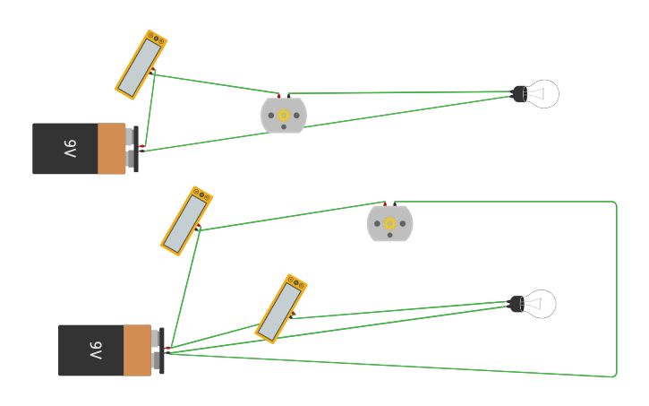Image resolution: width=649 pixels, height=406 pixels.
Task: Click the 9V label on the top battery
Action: click(x=70, y=149)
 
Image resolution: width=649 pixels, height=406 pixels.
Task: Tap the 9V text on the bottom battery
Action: click(x=96, y=350)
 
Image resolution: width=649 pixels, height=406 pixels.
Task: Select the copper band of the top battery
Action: click(x=111, y=149)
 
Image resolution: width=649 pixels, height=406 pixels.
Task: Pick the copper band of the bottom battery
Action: click(x=137, y=350)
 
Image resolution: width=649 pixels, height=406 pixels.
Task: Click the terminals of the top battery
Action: click(x=132, y=149)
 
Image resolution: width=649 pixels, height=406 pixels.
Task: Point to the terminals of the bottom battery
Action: click(x=158, y=350)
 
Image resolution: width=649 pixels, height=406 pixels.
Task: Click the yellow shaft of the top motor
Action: click(x=284, y=116)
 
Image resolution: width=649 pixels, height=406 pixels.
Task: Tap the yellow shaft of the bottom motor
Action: click(x=389, y=223)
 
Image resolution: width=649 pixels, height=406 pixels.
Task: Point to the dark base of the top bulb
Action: click(x=519, y=94)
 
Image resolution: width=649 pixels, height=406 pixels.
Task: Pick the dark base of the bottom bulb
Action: click(x=517, y=305)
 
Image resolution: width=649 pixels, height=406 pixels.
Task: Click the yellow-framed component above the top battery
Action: click(x=141, y=65)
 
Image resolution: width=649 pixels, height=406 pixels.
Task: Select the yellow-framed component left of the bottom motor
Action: click(x=186, y=220)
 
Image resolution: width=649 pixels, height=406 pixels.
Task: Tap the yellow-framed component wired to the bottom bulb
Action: click(x=281, y=308)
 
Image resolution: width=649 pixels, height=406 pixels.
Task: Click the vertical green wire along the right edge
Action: click(x=617, y=287)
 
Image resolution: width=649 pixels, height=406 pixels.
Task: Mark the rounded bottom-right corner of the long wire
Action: click(x=615, y=375)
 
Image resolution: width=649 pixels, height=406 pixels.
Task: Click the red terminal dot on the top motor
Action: click(x=278, y=95)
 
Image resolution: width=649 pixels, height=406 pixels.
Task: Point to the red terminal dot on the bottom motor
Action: click(x=385, y=203)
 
